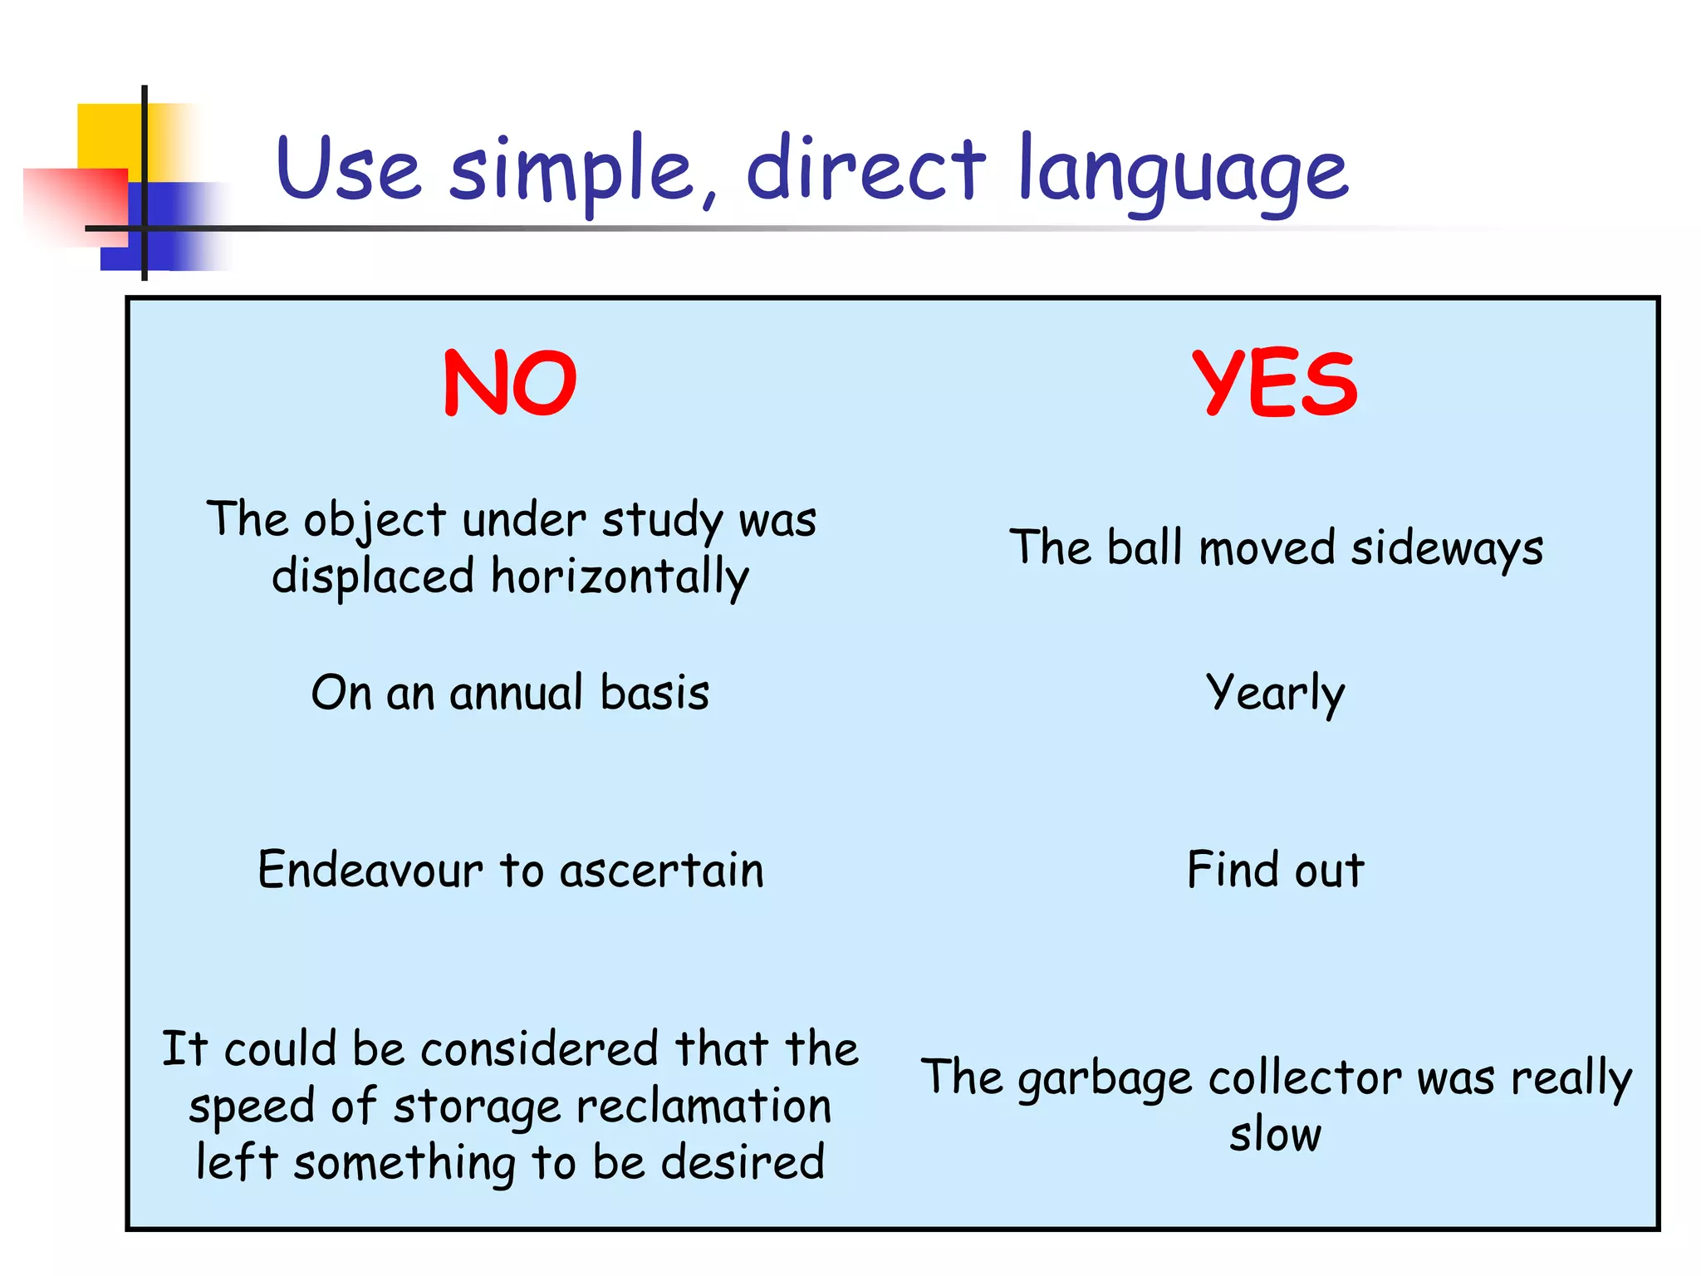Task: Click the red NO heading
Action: (510, 383)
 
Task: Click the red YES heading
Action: (1275, 383)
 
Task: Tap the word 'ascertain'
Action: (661, 870)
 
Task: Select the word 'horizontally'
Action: (620, 577)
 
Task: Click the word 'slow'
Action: (1275, 1135)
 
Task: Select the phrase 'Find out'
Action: (1275, 870)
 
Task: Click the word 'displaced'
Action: (373, 577)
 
